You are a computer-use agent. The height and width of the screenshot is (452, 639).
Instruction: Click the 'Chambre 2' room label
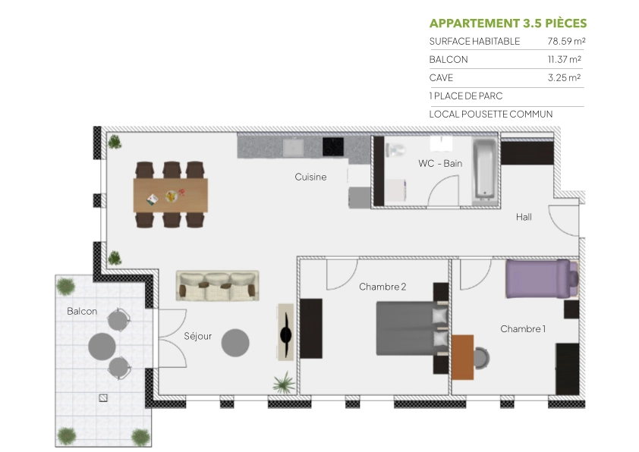pos(382,287)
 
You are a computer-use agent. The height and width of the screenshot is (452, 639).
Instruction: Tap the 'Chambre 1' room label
pos(523,328)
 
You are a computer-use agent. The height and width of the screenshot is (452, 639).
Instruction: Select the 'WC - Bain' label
pos(440,163)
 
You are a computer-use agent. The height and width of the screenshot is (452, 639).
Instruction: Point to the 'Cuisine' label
pos(310,177)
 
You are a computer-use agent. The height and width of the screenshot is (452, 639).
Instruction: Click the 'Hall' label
pos(524,217)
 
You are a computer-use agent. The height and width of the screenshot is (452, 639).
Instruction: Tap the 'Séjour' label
pos(197,336)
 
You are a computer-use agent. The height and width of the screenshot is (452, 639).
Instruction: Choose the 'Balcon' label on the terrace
pos(82,311)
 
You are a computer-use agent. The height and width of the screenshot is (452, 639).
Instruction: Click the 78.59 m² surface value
pos(565,42)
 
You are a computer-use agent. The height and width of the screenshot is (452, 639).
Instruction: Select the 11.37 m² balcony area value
pos(565,60)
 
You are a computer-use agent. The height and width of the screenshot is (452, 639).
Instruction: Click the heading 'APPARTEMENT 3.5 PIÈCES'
pos(508,23)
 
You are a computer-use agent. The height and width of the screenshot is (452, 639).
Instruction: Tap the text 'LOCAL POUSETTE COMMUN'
pos(490,115)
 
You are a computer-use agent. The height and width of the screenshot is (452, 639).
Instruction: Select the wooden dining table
pos(171,195)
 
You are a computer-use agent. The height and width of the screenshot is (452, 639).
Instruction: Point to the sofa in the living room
pos(217,285)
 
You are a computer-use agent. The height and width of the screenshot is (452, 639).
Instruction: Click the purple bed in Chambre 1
pos(540,278)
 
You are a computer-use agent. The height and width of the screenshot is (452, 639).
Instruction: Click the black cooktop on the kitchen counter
pos(333,146)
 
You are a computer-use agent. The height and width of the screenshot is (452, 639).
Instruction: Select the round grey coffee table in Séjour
pos(235,343)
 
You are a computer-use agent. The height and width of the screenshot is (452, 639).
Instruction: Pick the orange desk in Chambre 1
pos(463,356)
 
